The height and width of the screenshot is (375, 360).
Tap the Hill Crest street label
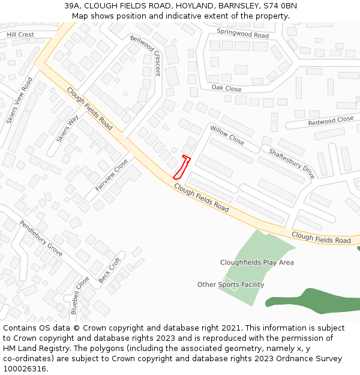pos(20,35)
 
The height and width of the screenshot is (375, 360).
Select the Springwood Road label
pos(242,34)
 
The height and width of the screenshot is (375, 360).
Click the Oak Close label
pos(226,88)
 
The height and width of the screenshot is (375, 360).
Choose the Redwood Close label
pos(331,121)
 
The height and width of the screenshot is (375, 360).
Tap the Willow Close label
pos(227,135)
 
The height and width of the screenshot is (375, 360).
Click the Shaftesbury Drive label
pos(292,163)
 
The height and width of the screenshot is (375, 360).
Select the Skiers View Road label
pos(20,100)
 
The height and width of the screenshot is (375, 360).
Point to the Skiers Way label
pos(67,128)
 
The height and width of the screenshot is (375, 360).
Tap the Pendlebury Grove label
pos(41,238)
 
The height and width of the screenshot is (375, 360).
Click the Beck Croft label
pos(110,270)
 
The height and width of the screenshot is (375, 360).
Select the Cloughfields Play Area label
pos(257,262)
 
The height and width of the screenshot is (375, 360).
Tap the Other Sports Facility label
pos(230,284)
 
